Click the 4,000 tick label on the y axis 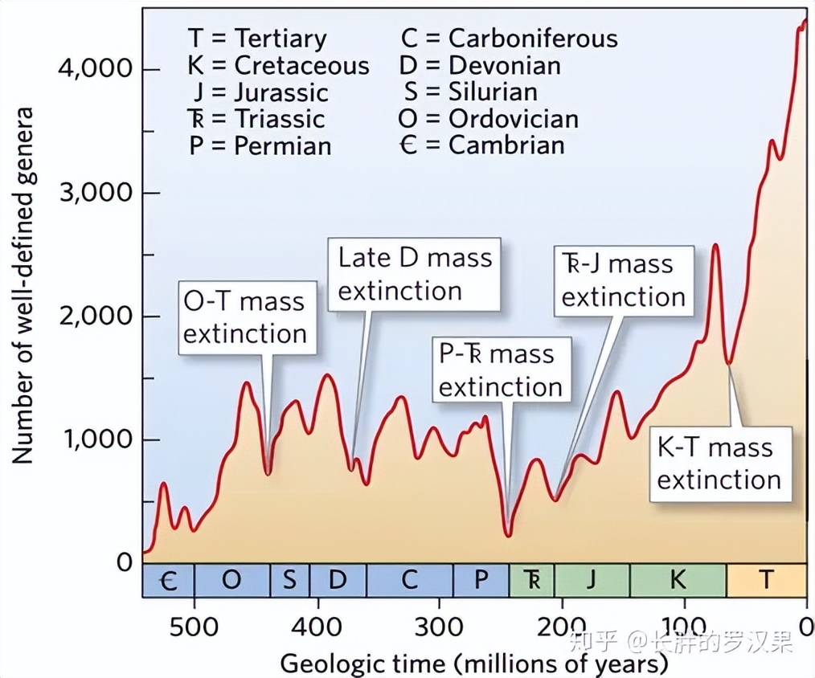click(94, 70)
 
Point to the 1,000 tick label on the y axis click(94, 440)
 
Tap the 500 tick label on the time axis click(194, 626)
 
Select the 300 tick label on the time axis click(439, 626)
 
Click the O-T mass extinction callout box click(245, 317)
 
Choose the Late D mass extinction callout click(414, 274)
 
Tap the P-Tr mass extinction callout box click(500, 370)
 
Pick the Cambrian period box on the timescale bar click(169, 580)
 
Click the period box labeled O click(231, 580)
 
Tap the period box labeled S click(289, 580)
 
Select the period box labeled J click(592, 580)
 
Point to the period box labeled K click(678, 580)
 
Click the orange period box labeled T click(766, 580)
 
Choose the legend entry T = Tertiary click(257, 38)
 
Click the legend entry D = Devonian click(480, 65)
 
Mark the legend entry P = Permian click(260, 145)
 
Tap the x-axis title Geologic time click(474, 664)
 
